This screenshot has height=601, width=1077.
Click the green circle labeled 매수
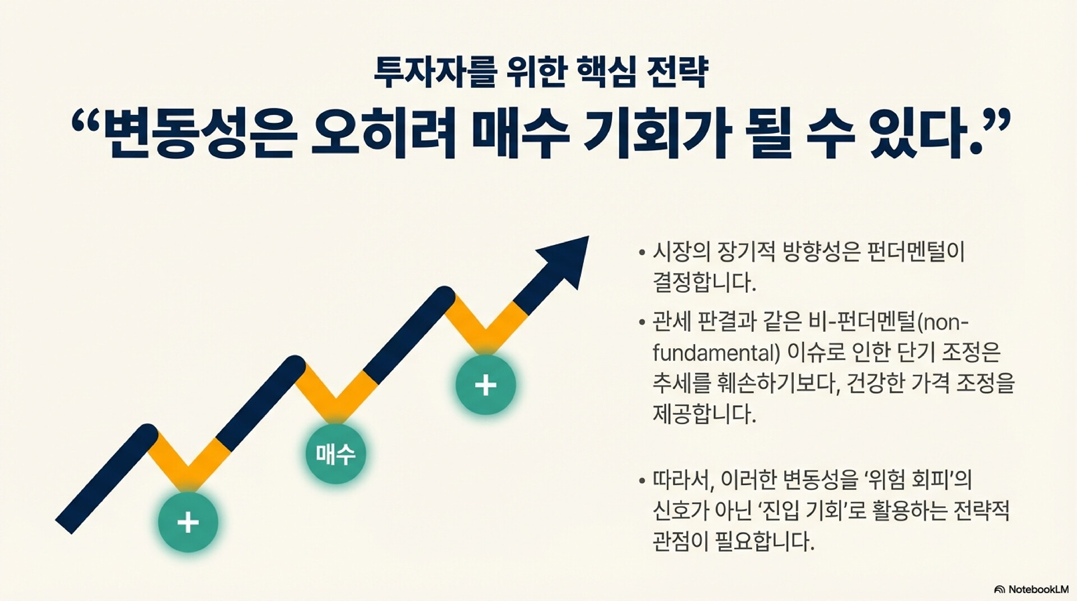(x=335, y=454)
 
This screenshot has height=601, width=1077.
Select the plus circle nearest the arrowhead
(x=486, y=385)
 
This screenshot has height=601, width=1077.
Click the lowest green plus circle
(x=188, y=523)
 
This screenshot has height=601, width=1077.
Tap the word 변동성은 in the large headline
(x=199, y=135)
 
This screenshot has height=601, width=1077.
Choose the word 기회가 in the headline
(x=656, y=135)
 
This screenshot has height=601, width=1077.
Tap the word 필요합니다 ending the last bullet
(x=765, y=542)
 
